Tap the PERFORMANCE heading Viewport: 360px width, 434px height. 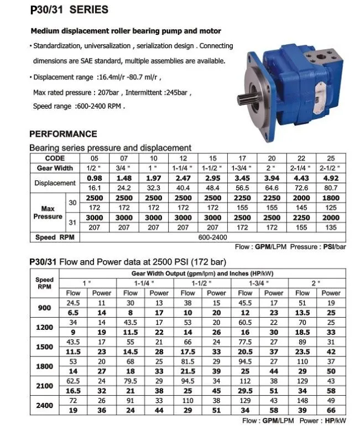point(62,133)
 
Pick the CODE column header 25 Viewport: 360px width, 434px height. point(331,158)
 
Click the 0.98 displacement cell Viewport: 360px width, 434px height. point(95,178)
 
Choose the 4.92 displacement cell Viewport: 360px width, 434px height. point(331,178)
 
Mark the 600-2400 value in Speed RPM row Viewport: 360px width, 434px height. point(212,237)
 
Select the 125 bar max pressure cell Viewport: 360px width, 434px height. point(331,206)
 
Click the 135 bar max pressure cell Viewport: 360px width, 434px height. point(331,227)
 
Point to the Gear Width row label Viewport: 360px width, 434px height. point(55,168)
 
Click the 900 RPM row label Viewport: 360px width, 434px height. point(44,308)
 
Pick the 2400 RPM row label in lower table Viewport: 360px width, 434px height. point(44,406)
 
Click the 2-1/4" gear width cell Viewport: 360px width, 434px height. point(301,168)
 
